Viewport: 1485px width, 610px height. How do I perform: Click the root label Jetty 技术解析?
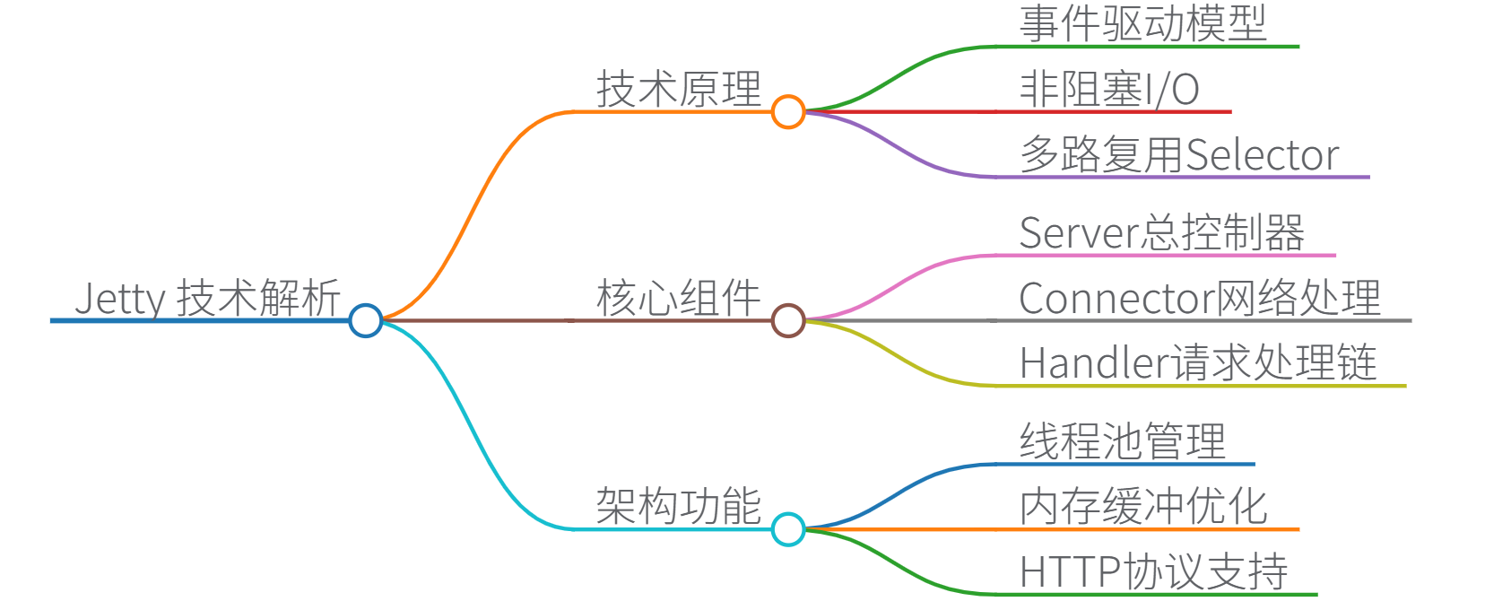point(207,298)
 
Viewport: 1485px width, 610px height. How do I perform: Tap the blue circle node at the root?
point(366,320)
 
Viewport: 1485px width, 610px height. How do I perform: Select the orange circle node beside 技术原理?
point(788,112)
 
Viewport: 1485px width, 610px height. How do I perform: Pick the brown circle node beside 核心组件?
point(788,320)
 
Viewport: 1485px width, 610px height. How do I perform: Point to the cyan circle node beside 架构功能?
point(788,529)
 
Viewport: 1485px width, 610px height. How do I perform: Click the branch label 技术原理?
point(679,90)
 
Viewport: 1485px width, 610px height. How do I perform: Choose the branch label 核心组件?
point(679,298)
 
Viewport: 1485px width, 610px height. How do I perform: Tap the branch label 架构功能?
point(679,507)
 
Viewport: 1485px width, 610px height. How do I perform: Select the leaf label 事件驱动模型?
point(1142,24)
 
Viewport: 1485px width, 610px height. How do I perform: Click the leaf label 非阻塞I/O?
point(1109,90)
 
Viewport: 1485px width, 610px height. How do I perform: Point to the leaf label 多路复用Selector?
point(1179,155)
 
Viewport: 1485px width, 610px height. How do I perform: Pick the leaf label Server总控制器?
point(1162,233)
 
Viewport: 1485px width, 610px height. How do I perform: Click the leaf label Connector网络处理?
point(1200,298)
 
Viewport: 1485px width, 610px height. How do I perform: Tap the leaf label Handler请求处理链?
point(1198,363)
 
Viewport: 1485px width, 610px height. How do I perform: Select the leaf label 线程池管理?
point(1123,441)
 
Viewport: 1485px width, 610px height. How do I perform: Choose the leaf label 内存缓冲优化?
point(1143,507)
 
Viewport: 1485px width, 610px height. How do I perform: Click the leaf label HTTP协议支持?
point(1153,572)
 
